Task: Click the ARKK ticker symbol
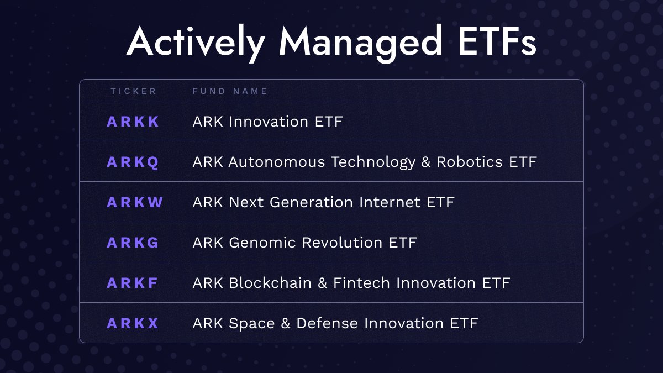tap(133, 122)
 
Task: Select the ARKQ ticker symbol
tap(133, 162)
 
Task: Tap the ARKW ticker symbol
tap(135, 202)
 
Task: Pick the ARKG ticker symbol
tap(133, 243)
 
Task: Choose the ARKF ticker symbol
tap(133, 283)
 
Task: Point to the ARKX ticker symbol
tap(133, 323)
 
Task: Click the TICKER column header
tap(134, 91)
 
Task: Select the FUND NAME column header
tap(230, 91)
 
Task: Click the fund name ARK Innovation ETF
tap(267, 122)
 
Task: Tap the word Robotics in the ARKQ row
tap(470, 162)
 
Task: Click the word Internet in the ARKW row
tap(390, 202)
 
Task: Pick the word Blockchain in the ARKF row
tap(265, 283)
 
